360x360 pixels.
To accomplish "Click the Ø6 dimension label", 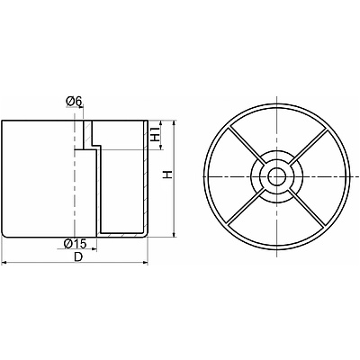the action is [x=74, y=102].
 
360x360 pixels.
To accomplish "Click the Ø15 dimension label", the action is [x=75, y=244].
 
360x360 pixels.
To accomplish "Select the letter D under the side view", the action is [x=78, y=256].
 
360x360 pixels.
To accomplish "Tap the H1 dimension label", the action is [x=155, y=134].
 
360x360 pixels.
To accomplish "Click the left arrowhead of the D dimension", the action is [x=4, y=263].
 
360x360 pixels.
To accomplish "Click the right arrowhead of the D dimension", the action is [x=146, y=263].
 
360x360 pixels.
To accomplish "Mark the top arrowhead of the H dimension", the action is [x=174, y=123].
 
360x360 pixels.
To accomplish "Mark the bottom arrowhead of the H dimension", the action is [x=174, y=234].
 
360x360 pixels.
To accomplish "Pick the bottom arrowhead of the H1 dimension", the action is [x=161, y=147].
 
